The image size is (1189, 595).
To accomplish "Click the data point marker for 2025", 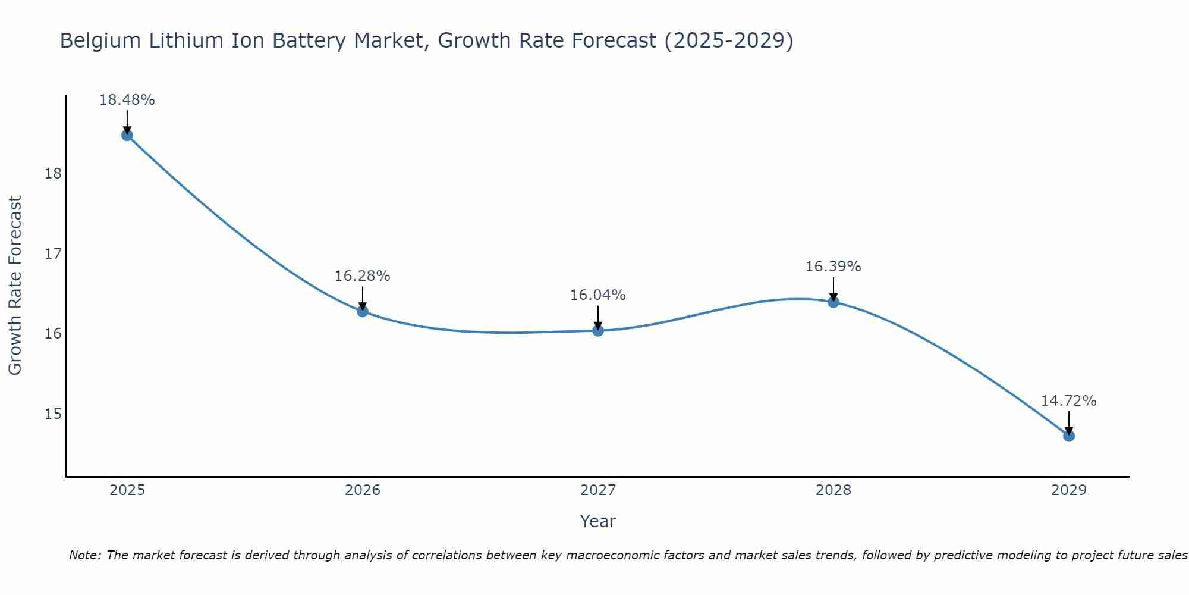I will tap(127, 135).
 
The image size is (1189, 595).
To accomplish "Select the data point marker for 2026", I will tap(363, 311).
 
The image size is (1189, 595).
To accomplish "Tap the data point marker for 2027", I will tap(598, 330).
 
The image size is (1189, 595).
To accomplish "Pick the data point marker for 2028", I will tap(833, 302).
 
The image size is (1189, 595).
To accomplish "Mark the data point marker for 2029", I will tap(1069, 436).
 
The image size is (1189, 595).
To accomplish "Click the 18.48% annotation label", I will tap(127, 100).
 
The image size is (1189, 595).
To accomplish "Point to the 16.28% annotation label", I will tap(363, 276).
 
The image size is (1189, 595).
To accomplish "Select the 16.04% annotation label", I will tap(598, 295).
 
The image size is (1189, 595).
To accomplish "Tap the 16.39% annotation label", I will tap(833, 267).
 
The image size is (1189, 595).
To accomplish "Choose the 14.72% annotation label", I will tap(1069, 401).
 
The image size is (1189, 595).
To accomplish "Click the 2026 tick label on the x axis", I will tap(363, 490).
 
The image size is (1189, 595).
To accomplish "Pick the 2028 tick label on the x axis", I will tap(833, 490).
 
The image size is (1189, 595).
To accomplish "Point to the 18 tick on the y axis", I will tap(53, 174).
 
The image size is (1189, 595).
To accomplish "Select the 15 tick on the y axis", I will tap(53, 414).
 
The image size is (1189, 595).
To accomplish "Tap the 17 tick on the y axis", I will tap(53, 254).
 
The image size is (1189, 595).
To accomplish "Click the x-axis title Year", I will tap(598, 521).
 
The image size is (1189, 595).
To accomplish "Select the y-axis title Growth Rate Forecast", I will tap(15, 286).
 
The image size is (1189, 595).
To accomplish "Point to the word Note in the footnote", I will tap(84, 556).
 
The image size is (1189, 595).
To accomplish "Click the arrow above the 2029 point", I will tap(1069, 422).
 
